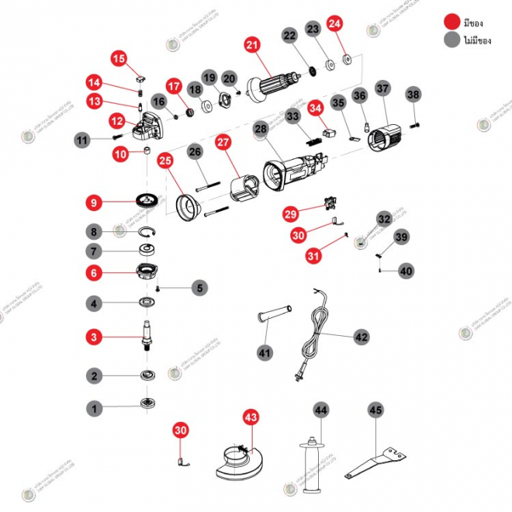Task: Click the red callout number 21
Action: coord(251,46)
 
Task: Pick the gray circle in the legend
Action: coord(451,40)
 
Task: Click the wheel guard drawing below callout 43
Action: coord(233,461)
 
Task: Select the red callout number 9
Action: coord(94,202)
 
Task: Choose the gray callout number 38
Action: coord(413,95)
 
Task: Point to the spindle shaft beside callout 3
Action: coord(146,335)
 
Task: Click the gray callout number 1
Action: coord(94,406)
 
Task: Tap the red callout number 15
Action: coord(119,58)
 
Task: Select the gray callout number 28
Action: coord(261,129)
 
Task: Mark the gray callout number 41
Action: coord(265,353)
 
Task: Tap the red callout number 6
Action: coord(94,273)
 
